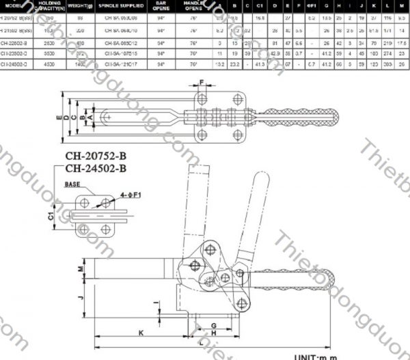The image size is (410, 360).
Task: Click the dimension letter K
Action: (x=140, y=333)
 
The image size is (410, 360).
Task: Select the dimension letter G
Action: (x=214, y=326)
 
